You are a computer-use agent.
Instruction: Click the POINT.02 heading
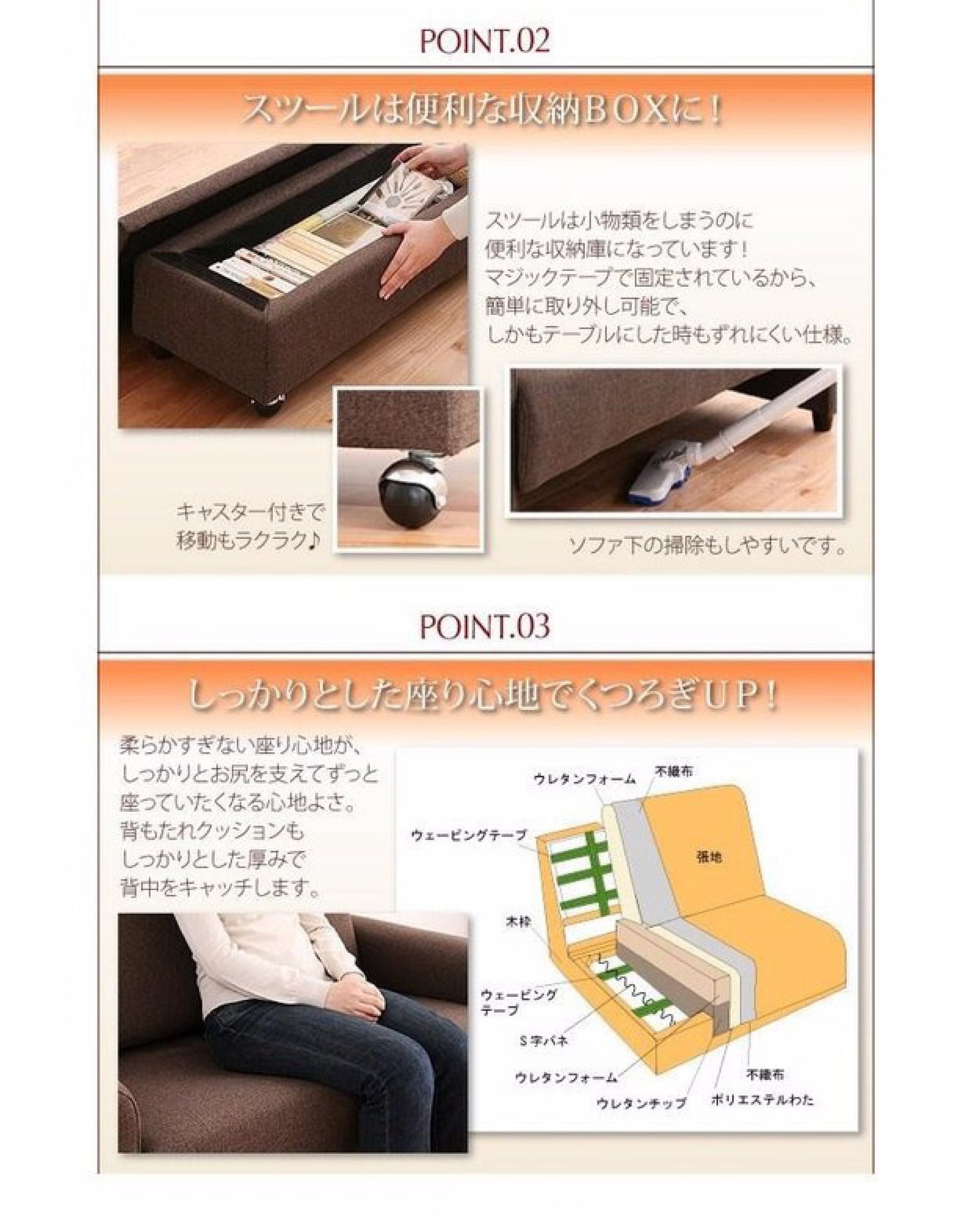(x=484, y=40)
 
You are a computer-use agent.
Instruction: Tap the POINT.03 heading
(x=484, y=626)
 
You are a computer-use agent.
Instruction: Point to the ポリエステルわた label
(x=762, y=1099)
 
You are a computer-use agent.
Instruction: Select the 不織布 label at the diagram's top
(x=674, y=772)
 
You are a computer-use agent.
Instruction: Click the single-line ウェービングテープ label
(x=468, y=836)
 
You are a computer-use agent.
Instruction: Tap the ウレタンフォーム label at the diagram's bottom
(x=566, y=1078)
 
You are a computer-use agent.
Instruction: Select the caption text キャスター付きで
(x=250, y=513)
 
